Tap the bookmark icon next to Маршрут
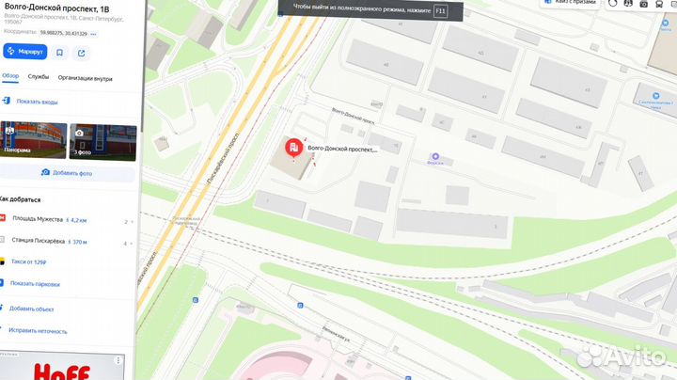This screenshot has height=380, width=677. click(59, 53)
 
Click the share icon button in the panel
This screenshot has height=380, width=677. click(81, 53)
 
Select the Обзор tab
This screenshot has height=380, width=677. click(10, 78)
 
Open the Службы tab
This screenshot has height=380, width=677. click(39, 78)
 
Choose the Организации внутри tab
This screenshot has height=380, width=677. click(85, 78)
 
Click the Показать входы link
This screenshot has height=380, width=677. click(36, 101)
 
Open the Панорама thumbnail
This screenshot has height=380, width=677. click(32, 141)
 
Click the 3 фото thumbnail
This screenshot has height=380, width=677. click(103, 141)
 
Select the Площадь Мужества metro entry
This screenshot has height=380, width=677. click(38, 220)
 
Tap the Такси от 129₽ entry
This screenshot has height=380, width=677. click(28, 262)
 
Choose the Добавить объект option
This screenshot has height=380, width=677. click(32, 309)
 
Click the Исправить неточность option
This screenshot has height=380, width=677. click(38, 331)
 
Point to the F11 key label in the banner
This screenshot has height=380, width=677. click(440, 11)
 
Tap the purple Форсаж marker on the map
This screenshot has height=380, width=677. click(434, 156)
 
